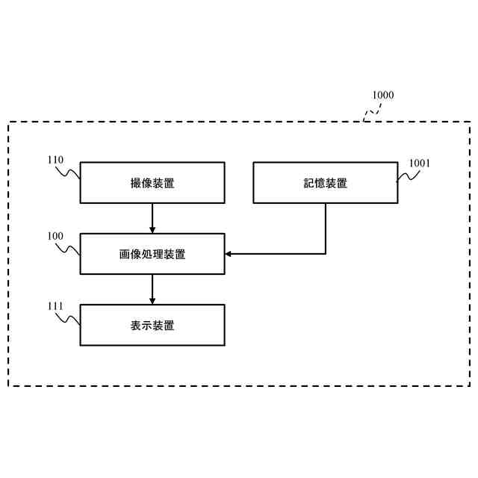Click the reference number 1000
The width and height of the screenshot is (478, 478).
point(382,95)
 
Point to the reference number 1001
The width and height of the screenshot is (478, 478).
point(419,163)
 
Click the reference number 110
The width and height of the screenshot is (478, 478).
point(55,160)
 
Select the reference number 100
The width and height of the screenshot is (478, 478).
point(55,236)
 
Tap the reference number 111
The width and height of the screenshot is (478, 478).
point(55,306)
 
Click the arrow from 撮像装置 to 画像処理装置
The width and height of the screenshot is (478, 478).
point(152,217)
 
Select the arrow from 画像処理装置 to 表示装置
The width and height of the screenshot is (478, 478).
point(152,289)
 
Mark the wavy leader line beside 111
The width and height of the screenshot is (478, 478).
point(69,318)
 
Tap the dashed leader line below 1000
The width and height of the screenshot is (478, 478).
point(371,111)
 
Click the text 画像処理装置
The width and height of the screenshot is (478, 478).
point(152,254)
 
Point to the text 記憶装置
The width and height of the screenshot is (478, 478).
point(326,183)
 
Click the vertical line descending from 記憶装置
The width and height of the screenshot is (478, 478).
point(326,228)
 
